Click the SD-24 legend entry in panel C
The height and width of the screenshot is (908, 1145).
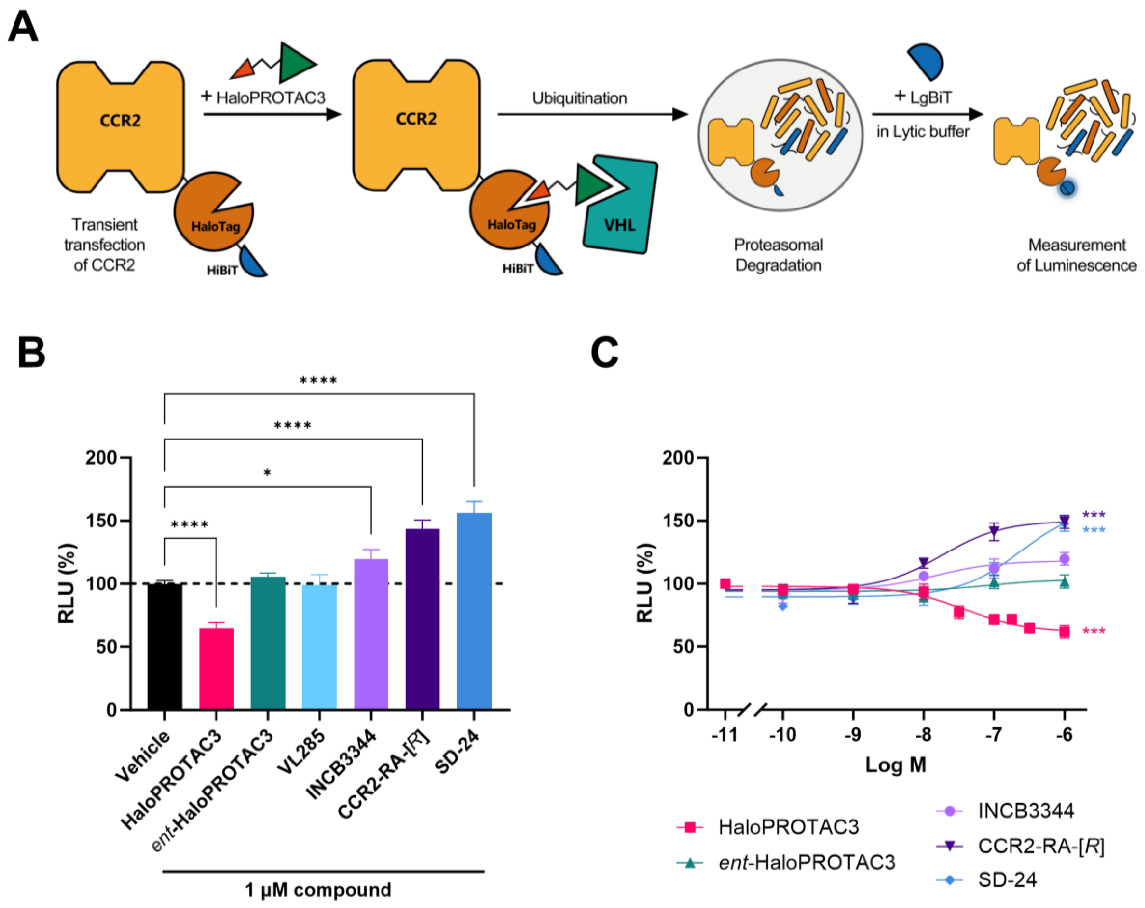click(1006, 880)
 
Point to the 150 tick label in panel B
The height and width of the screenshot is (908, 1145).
click(101, 520)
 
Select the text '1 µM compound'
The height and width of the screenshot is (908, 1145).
click(318, 889)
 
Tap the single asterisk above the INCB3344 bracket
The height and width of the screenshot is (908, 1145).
click(267, 473)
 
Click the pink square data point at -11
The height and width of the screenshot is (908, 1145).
click(725, 584)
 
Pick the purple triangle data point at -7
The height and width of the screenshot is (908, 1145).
click(994, 531)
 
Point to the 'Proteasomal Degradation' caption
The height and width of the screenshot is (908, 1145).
click(778, 255)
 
